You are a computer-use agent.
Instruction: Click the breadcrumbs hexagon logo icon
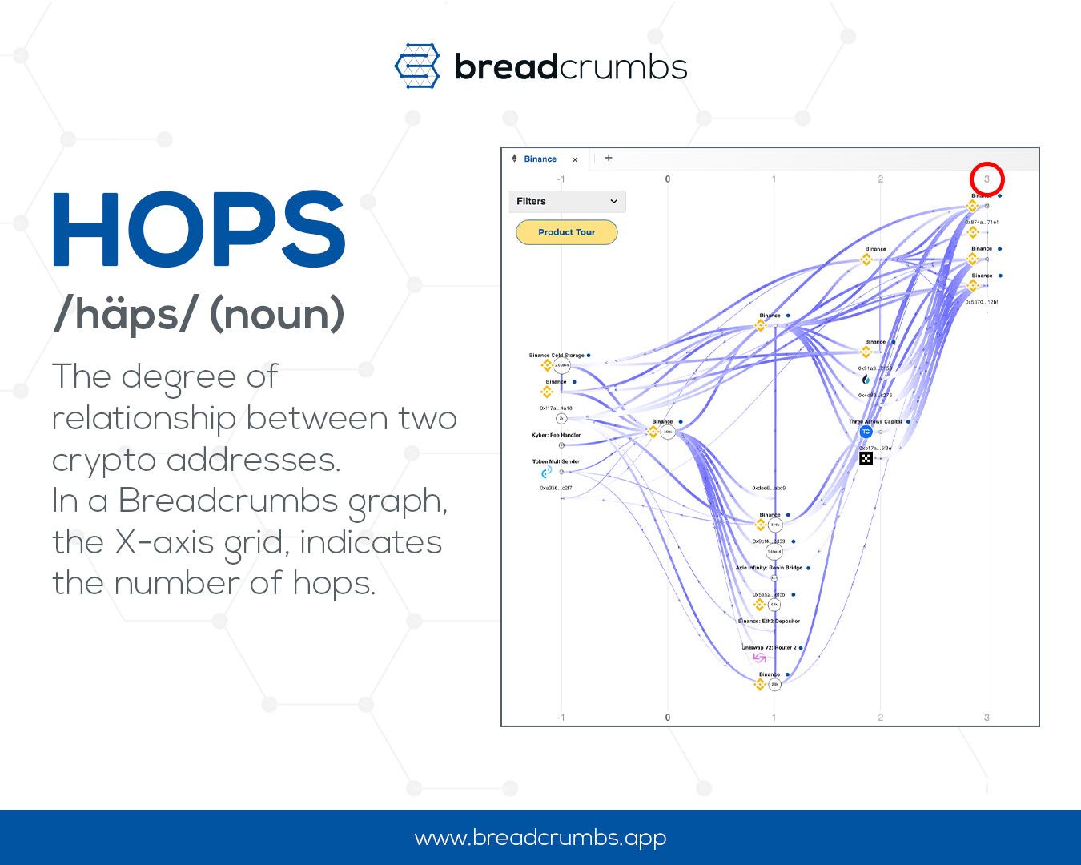tap(417, 66)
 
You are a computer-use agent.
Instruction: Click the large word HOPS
tap(199, 231)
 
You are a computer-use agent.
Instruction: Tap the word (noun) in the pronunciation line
tap(277, 314)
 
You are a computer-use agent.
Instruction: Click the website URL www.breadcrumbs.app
tap(540, 838)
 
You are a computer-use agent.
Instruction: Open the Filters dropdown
tap(566, 201)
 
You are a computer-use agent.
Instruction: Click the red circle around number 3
tap(987, 179)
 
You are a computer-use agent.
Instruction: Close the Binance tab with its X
tap(575, 159)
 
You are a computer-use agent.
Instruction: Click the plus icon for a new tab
tap(609, 158)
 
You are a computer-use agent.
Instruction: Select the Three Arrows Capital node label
tap(874, 421)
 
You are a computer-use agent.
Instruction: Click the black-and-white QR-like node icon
tap(866, 458)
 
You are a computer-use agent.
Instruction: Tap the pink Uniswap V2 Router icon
tap(759, 658)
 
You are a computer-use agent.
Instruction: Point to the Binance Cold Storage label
tap(557, 355)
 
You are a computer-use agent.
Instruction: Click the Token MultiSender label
tap(556, 461)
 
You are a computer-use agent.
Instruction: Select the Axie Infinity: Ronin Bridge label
tap(769, 568)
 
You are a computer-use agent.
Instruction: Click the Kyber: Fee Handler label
tap(556, 435)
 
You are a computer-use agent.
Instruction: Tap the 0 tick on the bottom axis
tap(668, 718)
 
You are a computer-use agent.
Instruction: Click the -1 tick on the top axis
tap(561, 179)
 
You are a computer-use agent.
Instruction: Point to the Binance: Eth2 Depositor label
tap(769, 621)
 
